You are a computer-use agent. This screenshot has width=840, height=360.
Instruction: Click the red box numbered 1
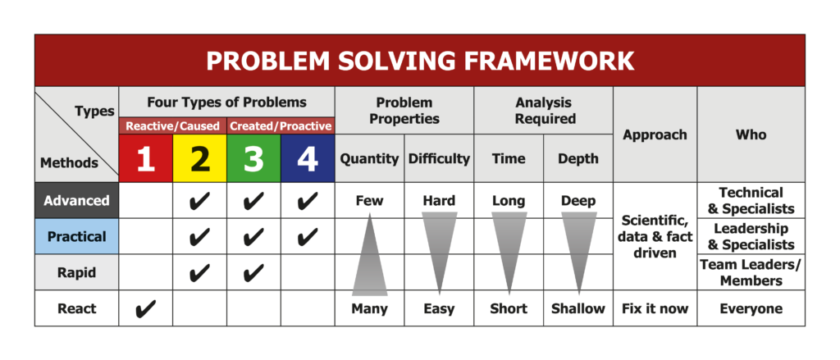[x=146, y=158]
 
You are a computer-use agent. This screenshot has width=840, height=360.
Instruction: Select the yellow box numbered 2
[x=200, y=158]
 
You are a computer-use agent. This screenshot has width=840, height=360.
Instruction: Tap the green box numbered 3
[x=253, y=158]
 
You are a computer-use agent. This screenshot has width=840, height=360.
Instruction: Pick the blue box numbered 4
[x=308, y=158]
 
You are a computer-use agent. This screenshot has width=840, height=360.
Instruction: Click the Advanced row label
[x=76, y=200]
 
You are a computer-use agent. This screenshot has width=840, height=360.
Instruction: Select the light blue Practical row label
[x=76, y=236]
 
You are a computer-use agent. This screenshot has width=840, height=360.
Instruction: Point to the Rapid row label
[x=76, y=272]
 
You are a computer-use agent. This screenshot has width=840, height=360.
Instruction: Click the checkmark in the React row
[x=146, y=308]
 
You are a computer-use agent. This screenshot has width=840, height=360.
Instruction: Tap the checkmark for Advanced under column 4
[x=308, y=201]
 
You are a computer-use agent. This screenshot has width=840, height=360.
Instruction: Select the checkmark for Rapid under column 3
[x=253, y=273]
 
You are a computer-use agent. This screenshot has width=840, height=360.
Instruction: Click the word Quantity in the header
[x=370, y=159]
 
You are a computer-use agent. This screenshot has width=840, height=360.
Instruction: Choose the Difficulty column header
[x=440, y=158]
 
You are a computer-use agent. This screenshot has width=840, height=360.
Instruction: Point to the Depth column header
[x=578, y=159]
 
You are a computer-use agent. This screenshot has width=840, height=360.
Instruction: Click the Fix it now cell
[x=655, y=308]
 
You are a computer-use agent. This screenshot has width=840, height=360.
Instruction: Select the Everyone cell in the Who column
[x=751, y=308]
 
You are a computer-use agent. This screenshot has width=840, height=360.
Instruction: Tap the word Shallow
[x=578, y=308]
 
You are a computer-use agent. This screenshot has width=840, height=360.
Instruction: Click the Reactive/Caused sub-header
[x=172, y=126]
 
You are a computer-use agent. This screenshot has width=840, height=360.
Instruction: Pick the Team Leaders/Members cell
[x=751, y=272]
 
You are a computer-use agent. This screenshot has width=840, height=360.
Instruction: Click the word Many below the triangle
[x=370, y=308]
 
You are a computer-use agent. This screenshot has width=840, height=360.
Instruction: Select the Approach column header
[x=655, y=135]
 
